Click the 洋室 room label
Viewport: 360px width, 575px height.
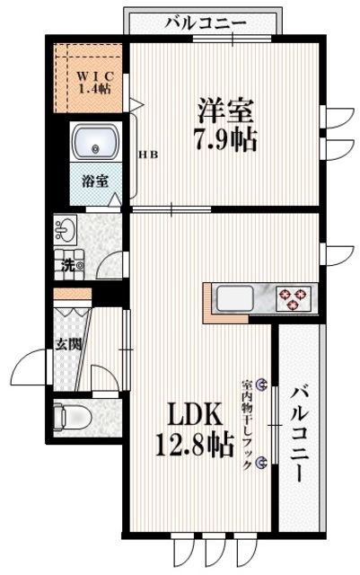pos(226,111)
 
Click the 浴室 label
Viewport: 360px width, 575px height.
pos(96,180)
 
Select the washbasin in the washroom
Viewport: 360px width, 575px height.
pos(64,228)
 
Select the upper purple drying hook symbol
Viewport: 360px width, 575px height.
pos(261,384)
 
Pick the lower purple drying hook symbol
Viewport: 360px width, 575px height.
pos(261,463)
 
